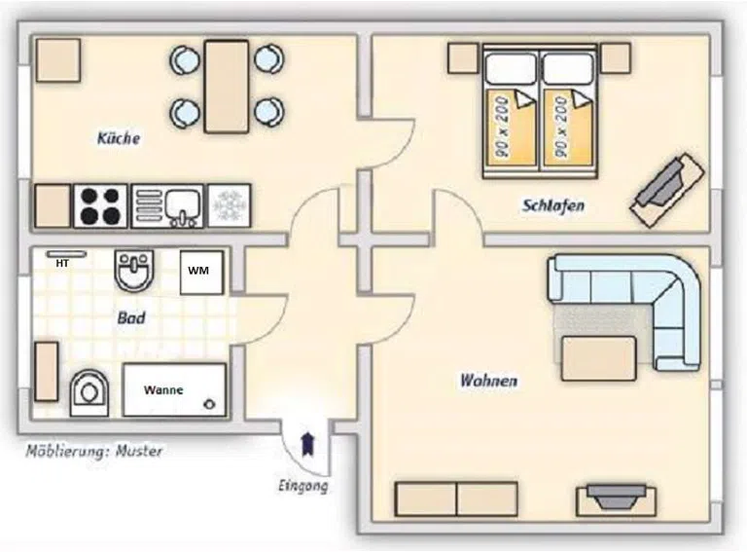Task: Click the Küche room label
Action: coord(119,138)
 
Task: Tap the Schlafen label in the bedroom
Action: coord(553,206)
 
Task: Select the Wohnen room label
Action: coord(489,381)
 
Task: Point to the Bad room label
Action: coord(131,318)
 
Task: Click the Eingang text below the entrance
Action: coord(303,486)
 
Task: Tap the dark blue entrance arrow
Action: coord(308,444)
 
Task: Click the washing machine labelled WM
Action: coord(201,273)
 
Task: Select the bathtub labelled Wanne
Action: coord(174,390)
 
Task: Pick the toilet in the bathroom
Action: coord(89,392)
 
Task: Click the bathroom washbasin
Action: coord(135,270)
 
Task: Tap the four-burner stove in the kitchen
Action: coord(100,206)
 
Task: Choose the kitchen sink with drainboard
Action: coord(167,206)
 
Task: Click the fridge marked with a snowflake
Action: coord(230,206)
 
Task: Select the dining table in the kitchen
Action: coord(227,87)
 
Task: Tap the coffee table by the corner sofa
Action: coord(599,358)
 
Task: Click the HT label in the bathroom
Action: coord(62,263)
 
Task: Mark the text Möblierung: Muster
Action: coord(93,451)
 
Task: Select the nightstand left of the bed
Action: coord(463,58)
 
